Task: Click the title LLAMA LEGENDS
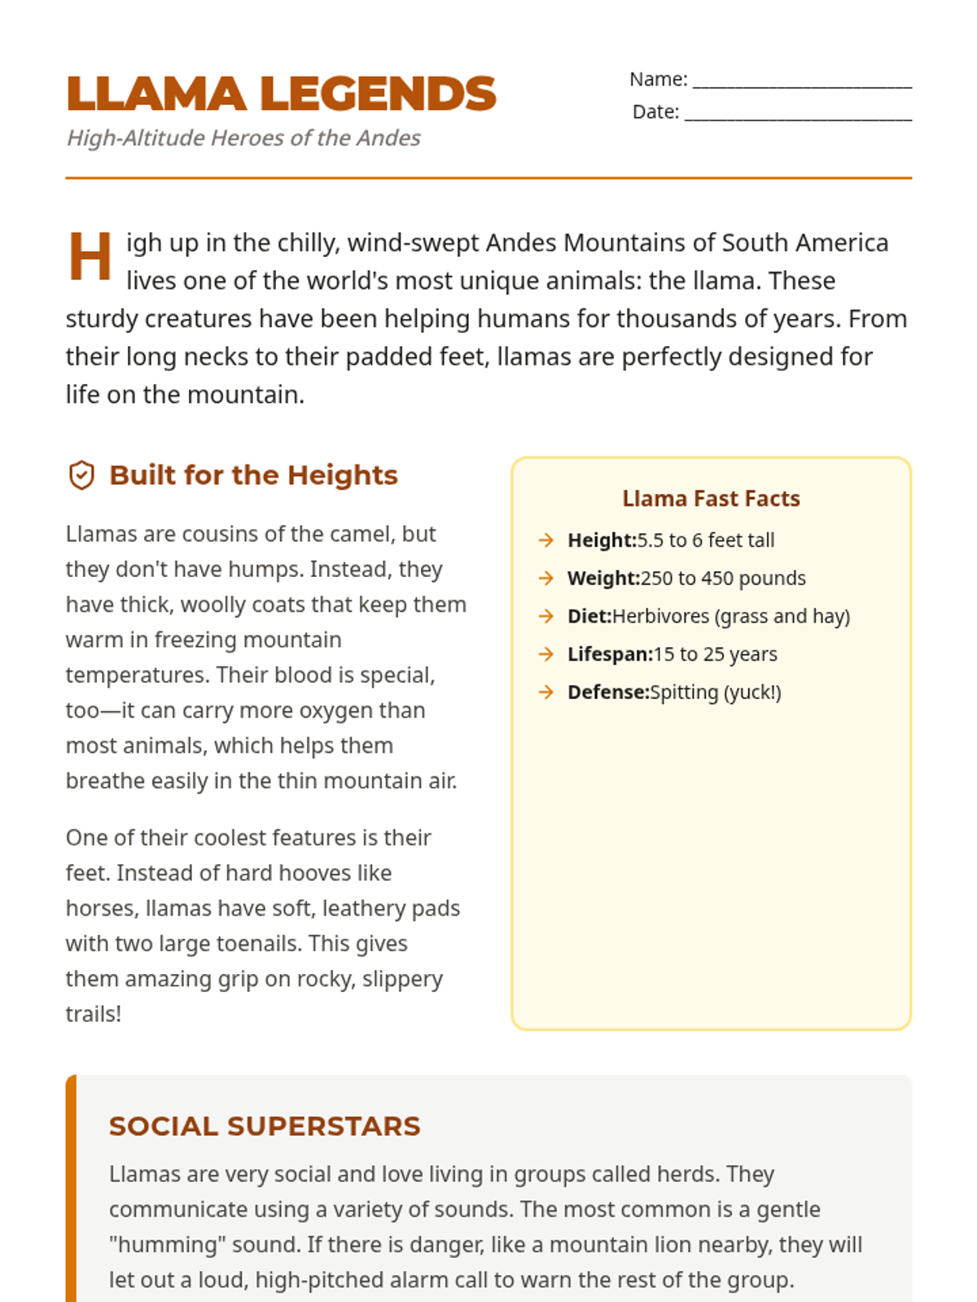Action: (281, 94)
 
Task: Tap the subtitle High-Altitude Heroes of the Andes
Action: (243, 138)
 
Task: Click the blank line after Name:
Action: (802, 81)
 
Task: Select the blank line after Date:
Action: (798, 114)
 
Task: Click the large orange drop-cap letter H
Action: (90, 257)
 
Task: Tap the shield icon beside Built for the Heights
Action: (81, 475)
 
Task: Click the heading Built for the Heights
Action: (253, 475)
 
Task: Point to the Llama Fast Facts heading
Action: (711, 499)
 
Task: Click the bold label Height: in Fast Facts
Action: (602, 540)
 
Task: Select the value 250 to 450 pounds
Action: (723, 579)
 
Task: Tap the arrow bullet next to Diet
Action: (545, 616)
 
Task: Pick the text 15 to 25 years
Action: (715, 654)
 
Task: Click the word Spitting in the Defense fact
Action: (684, 693)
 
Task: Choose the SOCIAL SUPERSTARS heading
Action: (265, 1126)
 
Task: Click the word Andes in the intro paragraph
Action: (521, 243)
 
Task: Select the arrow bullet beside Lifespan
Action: (545, 654)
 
